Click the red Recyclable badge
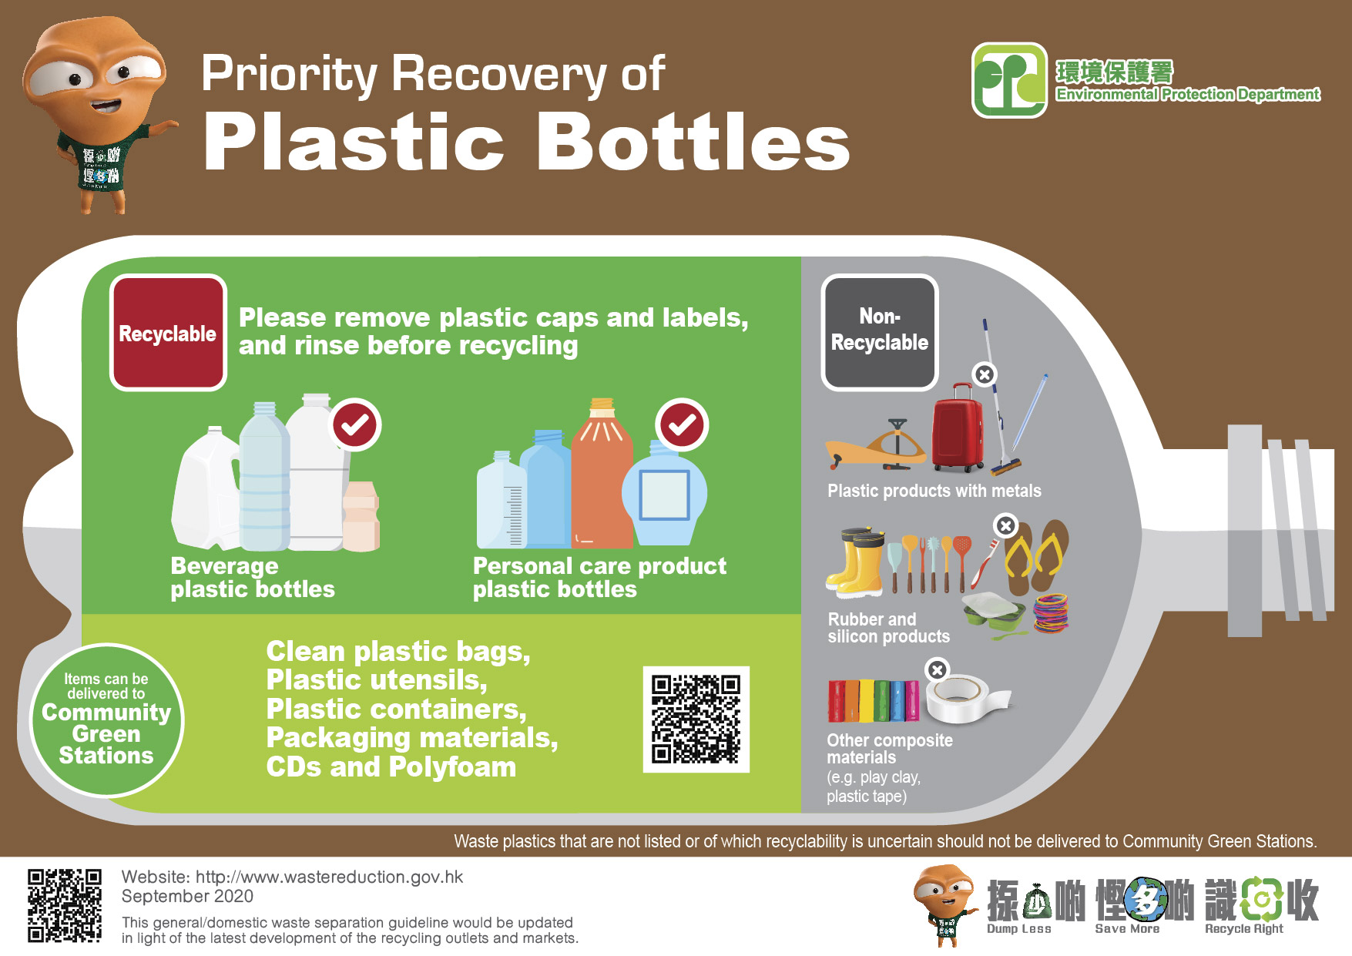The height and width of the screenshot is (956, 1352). [x=168, y=333]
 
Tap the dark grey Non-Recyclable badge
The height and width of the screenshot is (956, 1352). [x=879, y=331]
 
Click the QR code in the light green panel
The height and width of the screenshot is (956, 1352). [x=696, y=719]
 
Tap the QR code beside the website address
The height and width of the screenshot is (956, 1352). [x=65, y=905]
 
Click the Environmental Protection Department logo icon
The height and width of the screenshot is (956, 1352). [x=1009, y=80]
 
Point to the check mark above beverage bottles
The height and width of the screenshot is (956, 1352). [x=354, y=424]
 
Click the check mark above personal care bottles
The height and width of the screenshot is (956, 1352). [x=682, y=424]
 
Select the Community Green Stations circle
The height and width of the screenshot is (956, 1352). [x=106, y=720]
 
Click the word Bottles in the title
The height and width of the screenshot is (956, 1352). [x=693, y=143]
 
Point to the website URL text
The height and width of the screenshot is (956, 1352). [x=329, y=877]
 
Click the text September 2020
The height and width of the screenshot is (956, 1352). [x=187, y=896]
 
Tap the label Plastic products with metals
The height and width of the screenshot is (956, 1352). [x=934, y=491]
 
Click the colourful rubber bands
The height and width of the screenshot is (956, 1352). [x=1051, y=613]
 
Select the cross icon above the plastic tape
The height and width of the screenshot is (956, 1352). [x=937, y=669]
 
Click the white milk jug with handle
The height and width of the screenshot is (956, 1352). [x=204, y=489]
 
